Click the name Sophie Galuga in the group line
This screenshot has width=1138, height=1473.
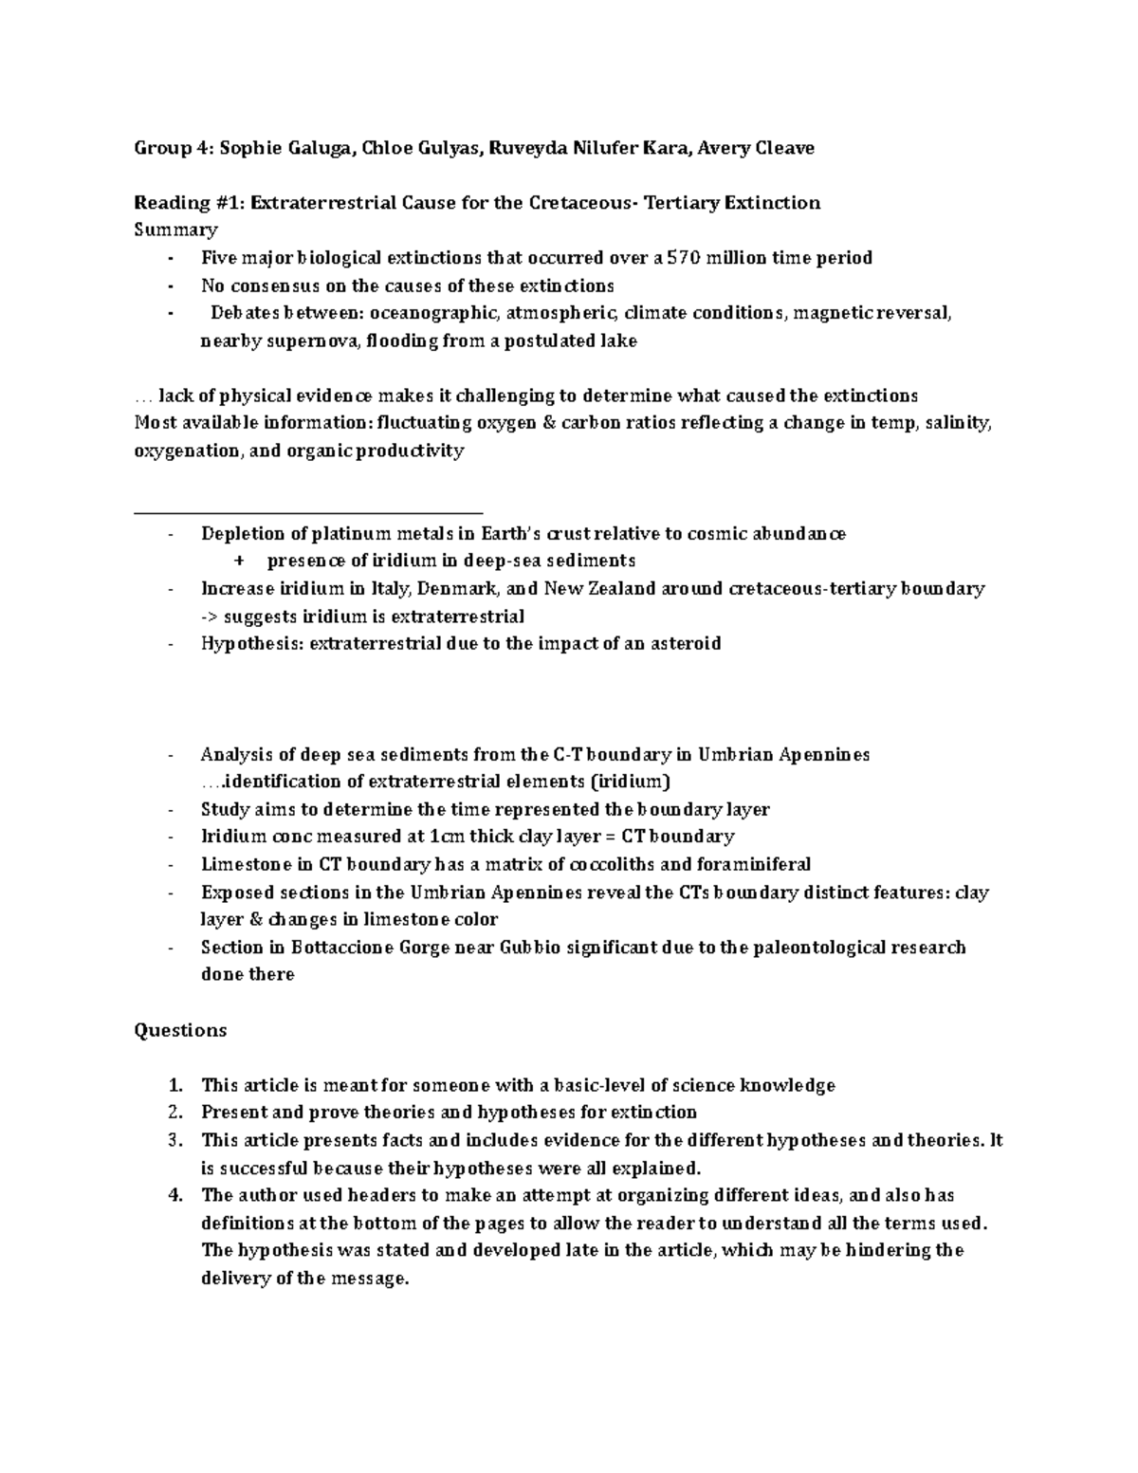[249, 148]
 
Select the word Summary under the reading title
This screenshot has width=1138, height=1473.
[175, 230]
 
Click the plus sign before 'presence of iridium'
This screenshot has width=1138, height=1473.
[238, 562]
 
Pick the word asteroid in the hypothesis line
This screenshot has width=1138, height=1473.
[684, 644]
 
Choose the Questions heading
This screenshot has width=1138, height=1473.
[180, 1030]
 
